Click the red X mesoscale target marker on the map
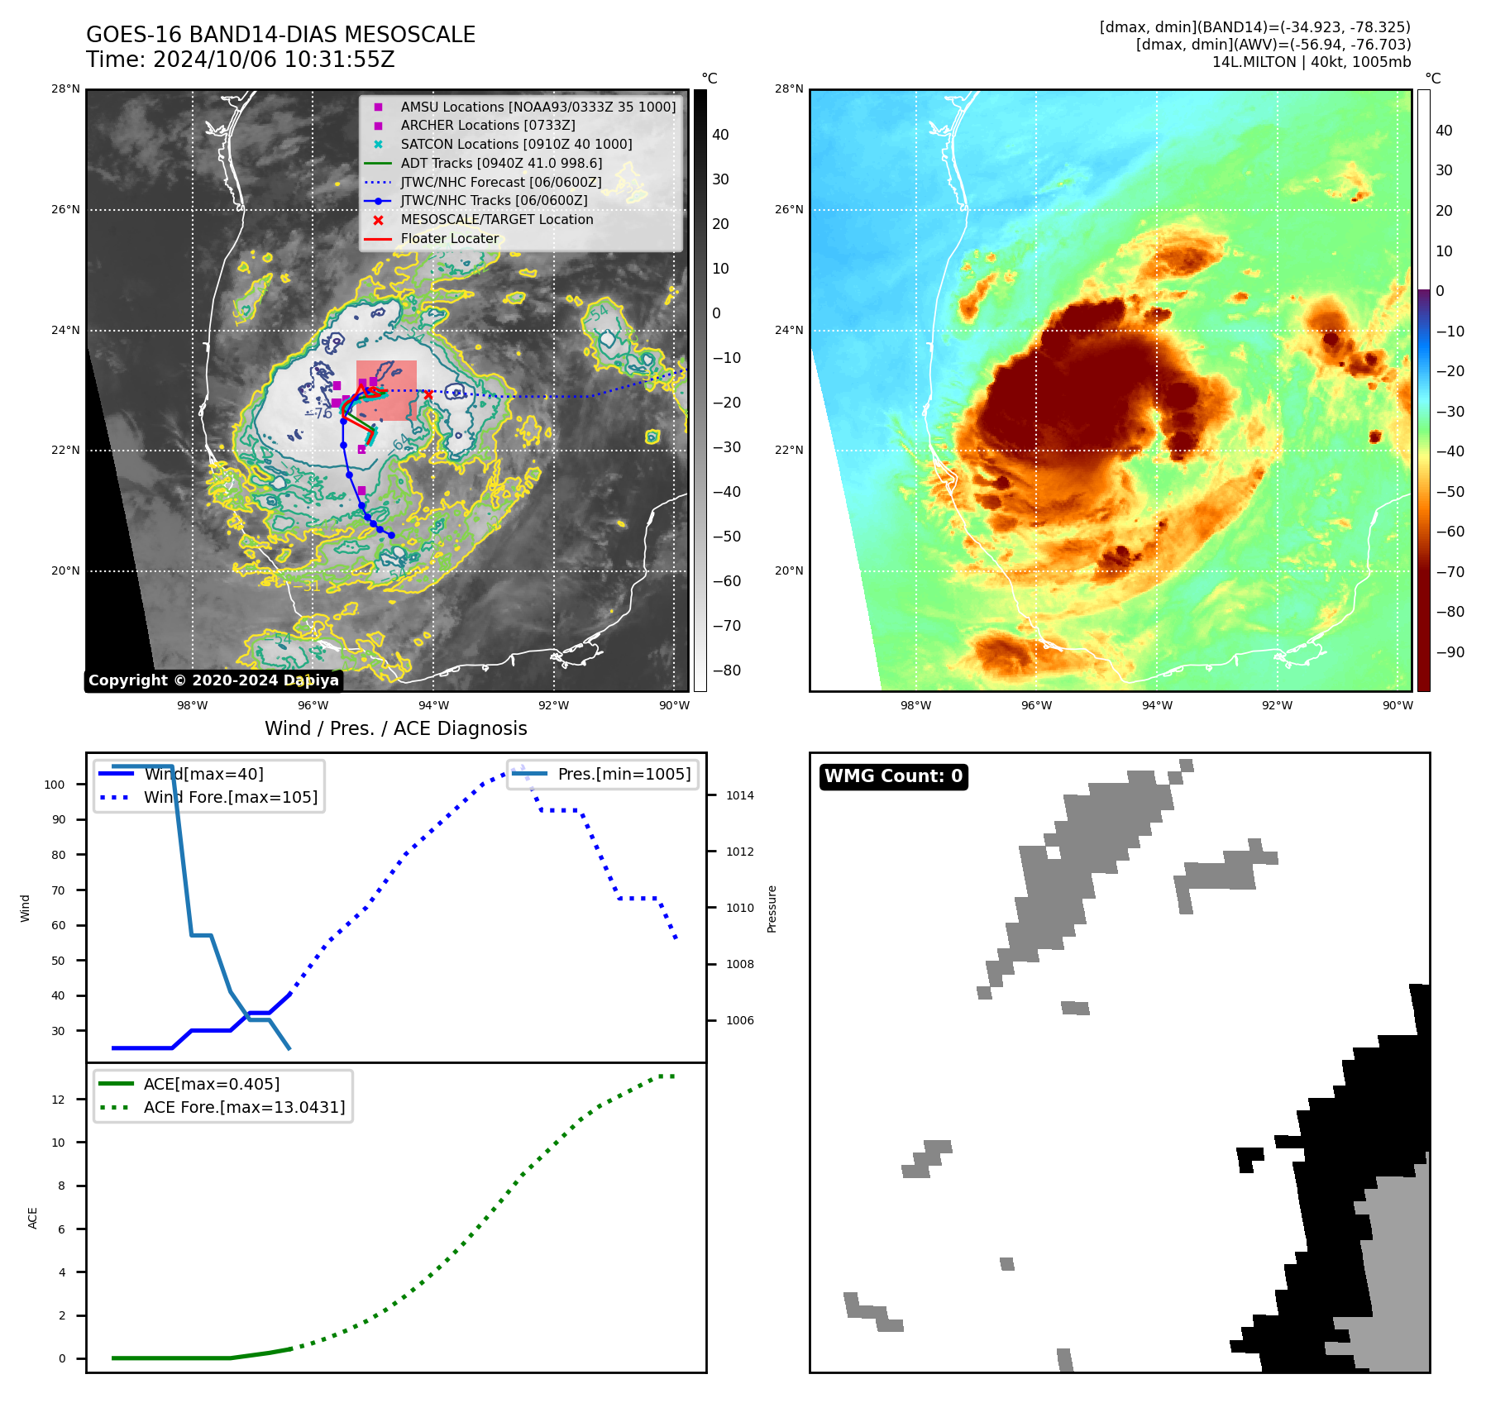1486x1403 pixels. coord(428,394)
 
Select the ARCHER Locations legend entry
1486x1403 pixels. coord(487,126)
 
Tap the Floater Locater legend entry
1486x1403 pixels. coord(449,239)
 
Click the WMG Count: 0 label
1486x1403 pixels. coord(893,776)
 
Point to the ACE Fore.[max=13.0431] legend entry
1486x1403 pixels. coord(244,1107)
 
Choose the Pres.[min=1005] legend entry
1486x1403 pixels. coord(624,775)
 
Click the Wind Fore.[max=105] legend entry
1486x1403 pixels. coord(230,798)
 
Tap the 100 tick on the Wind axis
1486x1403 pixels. coord(55,785)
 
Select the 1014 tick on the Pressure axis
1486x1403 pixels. coord(740,796)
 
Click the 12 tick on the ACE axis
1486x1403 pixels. coord(59,1100)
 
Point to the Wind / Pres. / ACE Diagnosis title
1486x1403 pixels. coord(395,728)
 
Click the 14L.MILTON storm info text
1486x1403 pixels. coord(1311,62)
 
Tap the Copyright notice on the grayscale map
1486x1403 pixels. coord(213,680)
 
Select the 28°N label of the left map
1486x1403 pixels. coord(66,89)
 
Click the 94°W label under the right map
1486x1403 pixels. coord(1156,705)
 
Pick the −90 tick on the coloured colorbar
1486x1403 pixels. coord(1450,652)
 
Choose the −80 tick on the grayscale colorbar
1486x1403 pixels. coord(726,670)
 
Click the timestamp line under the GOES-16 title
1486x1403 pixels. coord(240,60)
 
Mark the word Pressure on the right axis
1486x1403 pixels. coord(772,909)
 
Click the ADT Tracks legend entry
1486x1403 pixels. coord(501,164)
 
